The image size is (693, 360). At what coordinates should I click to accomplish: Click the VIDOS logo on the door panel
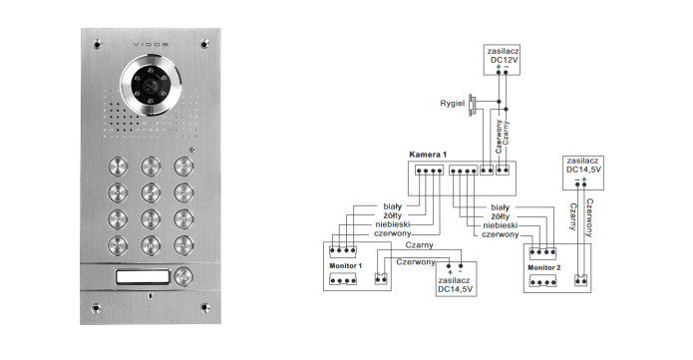[151, 45]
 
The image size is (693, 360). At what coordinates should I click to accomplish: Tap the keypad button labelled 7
[118, 218]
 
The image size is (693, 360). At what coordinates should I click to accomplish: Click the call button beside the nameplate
[183, 276]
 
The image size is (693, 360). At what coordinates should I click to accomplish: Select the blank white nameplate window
[143, 276]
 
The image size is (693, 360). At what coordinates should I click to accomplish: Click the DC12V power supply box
[502, 59]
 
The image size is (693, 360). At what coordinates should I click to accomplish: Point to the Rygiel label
[452, 104]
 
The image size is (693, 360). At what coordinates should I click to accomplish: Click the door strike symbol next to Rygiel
[473, 106]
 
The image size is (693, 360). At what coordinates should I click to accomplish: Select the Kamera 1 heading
[428, 155]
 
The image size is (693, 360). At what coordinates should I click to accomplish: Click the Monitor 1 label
[346, 266]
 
